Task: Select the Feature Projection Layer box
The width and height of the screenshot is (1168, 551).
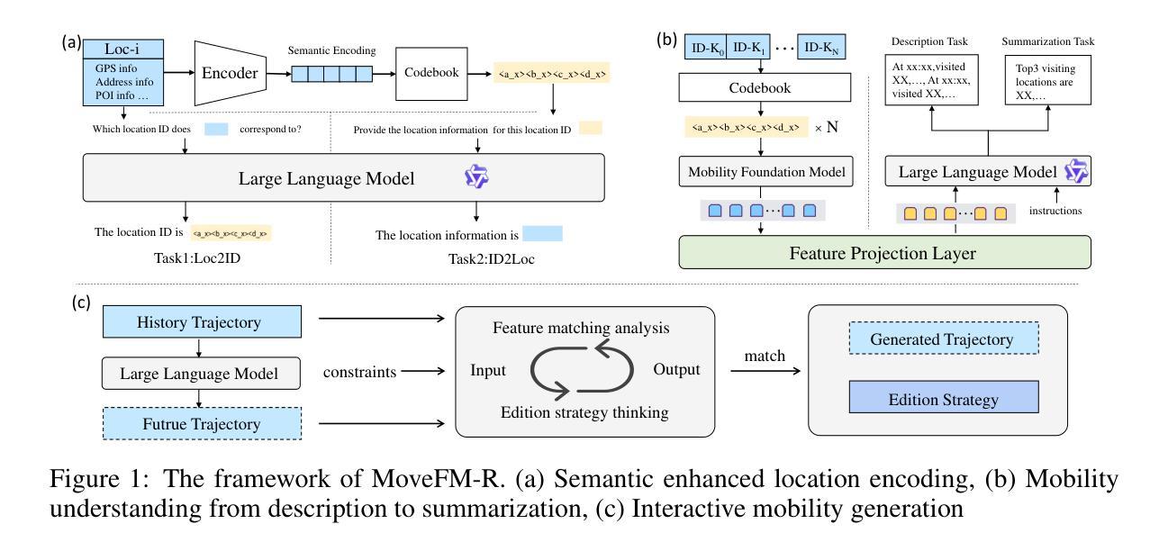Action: (x=884, y=252)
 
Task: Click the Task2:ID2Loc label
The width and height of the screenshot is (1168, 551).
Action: (x=468, y=258)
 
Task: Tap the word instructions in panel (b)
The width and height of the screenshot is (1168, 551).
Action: (x=1055, y=212)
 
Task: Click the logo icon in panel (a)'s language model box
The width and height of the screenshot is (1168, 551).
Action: (x=475, y=178)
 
